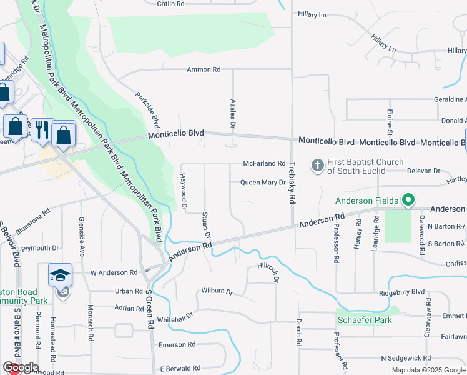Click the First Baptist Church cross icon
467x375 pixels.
click(x=317, y=165)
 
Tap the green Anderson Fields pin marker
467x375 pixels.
click(x=408, y=201)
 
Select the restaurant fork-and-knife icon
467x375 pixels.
click(x=42, y=129)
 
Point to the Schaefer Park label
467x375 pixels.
click(x=365, y=320)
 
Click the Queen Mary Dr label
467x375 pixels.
click(x=263, y=182)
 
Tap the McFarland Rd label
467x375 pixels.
click(x=264, y=163)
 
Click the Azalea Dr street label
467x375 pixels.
click(x=232, y=114)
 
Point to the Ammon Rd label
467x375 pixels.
click(x=204, y=69)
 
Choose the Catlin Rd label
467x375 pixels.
click(x=170, y=4)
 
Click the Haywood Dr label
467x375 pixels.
click(x=184, y=191)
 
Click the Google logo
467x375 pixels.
click(x=21, y=367)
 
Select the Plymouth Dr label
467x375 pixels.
click(x=40, y=248)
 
